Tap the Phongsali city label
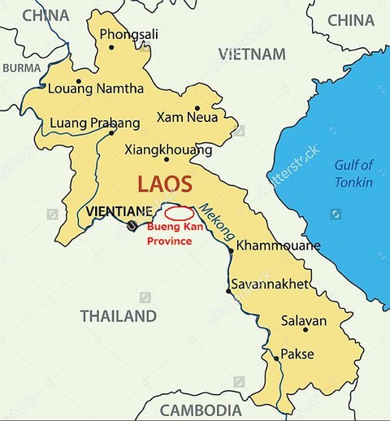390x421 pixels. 128,34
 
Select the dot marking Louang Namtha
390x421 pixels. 79,80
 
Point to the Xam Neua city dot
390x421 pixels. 197,107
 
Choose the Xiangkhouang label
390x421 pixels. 168,150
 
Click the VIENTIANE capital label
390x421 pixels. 119,211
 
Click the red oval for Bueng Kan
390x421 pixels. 180,213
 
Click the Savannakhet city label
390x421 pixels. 270,284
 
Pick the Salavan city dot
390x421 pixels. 305,329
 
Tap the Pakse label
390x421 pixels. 297,354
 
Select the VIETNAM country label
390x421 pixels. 252,54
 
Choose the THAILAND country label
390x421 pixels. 118,316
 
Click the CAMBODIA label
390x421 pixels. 200,410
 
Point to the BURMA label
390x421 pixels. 21,68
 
